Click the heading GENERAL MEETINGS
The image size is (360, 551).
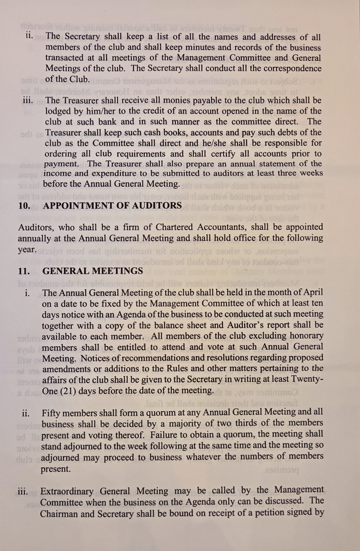coord(93,271)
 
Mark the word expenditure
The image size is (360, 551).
coord(121,174)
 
